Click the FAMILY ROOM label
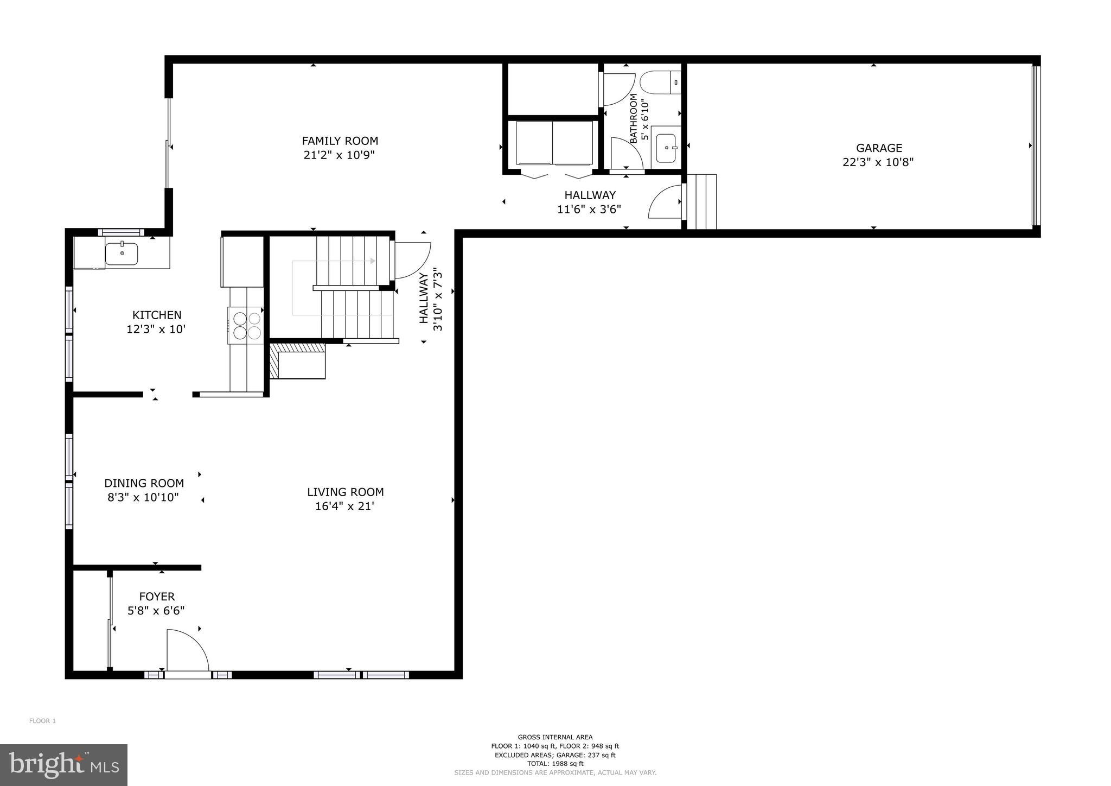click(x=340, y=141)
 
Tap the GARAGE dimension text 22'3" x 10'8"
click(x=878, y=162)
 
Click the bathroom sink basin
click(x=666, y=148)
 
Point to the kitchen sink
click(x=122, y=253)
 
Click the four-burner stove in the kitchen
click(x=247, y=325)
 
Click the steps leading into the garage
click(x=702, y=201)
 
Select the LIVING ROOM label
click(x=345, y=492)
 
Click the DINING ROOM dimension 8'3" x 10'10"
click(x=143, y=497)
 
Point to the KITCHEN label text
click(x=157, y=315)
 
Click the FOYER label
click(x=157, y=597)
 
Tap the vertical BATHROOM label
click(x=634, y=118)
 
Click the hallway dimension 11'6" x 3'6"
click(x=589, y=209)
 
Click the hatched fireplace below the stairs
click(x=297, y=360)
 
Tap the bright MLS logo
click(x=63, y=765)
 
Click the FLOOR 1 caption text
click(x=42, y=721)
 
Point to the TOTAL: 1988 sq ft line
click(x=555, y=764)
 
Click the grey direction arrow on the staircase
click(x=372, y=261)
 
